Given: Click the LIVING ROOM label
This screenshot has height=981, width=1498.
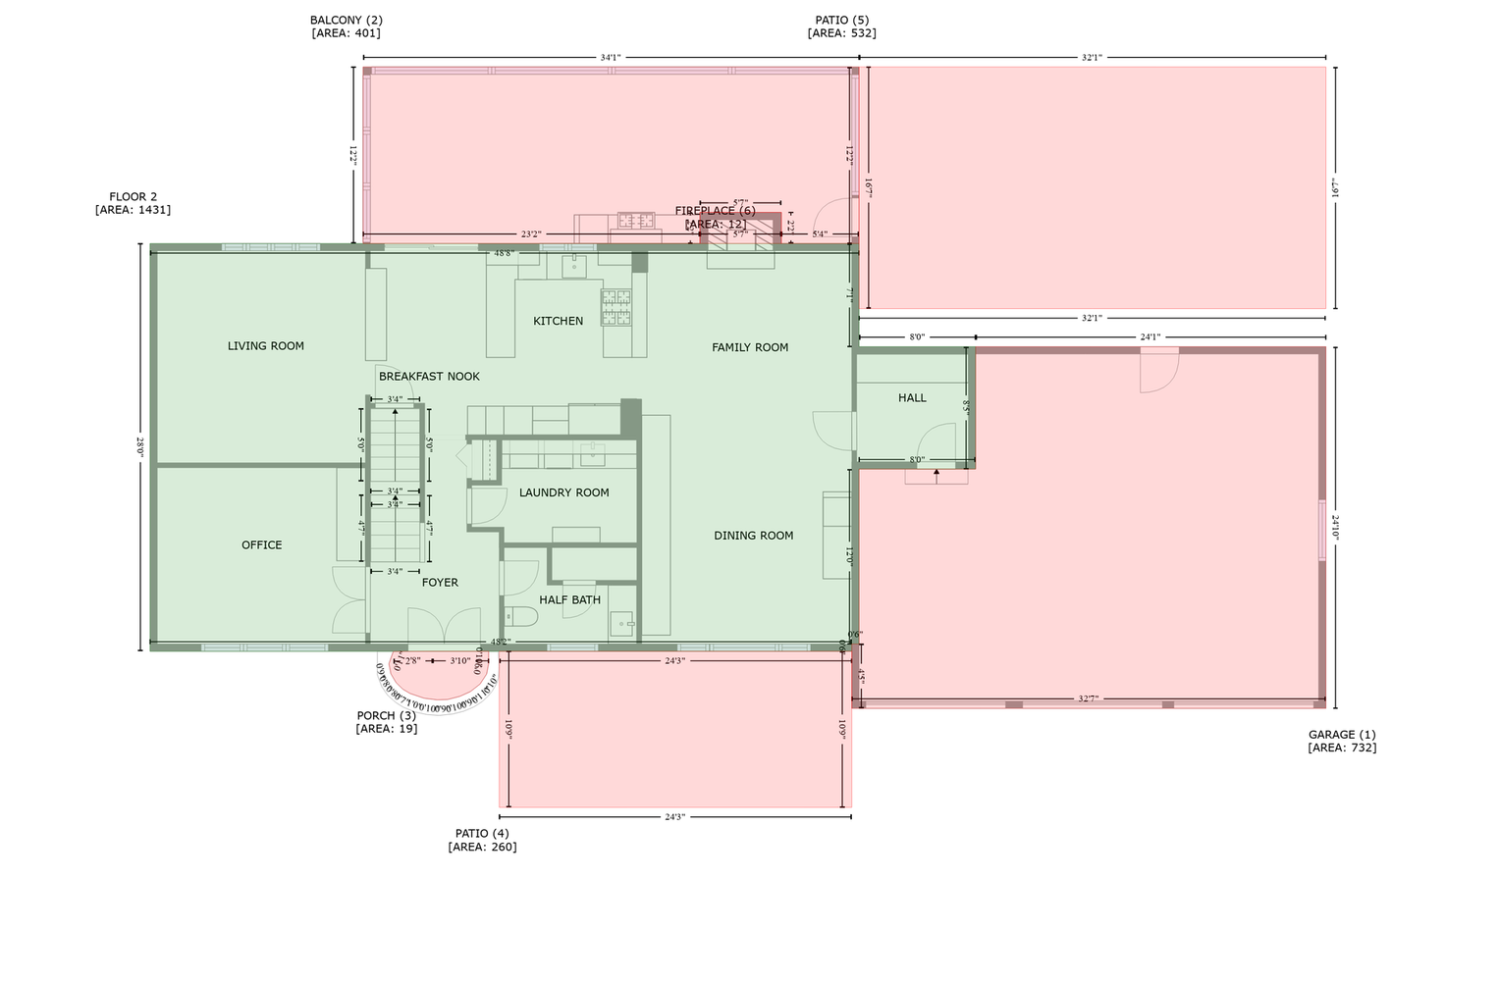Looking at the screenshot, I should [266, 345].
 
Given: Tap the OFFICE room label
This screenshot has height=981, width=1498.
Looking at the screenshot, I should [262, 544].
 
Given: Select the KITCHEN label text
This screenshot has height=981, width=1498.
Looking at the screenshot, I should [558, 321].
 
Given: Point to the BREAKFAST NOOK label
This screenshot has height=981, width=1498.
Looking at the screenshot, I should [429, 376].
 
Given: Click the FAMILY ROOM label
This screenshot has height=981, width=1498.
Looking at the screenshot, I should [750, 347].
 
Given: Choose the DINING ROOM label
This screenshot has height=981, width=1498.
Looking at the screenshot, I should [753, 536].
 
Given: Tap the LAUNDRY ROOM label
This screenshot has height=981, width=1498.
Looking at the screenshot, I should [563, 492].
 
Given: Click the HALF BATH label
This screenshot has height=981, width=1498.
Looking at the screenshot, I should [569, 599].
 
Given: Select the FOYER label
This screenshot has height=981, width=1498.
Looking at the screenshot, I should [440, 582].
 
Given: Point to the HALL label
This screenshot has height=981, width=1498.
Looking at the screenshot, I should [912, 397].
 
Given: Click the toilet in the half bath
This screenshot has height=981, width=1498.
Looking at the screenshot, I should [520, 617].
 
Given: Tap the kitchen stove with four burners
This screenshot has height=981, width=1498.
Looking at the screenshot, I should [616, 307].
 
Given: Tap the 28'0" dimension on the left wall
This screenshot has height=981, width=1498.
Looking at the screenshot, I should [140, 447].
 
